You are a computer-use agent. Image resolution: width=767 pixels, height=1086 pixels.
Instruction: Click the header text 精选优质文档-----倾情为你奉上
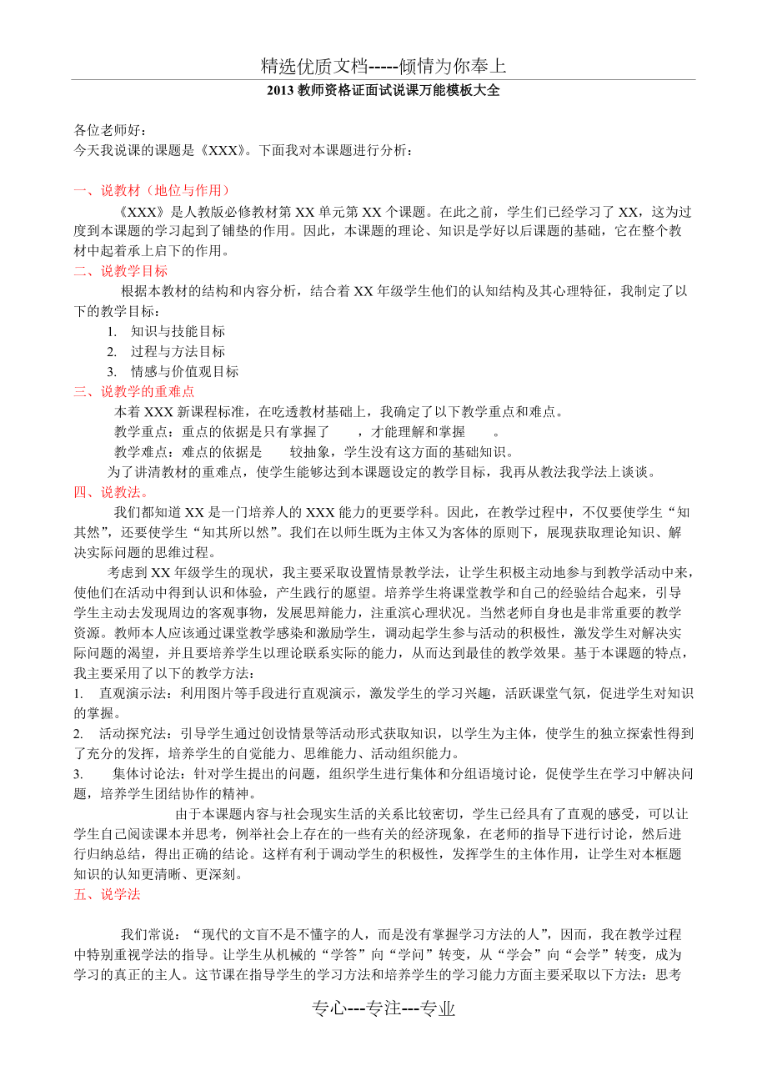tap(383, 66)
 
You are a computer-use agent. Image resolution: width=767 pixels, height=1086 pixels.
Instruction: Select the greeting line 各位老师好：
tap(111, 130)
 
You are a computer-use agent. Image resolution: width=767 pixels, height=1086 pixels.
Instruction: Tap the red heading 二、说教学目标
tap(121, 271)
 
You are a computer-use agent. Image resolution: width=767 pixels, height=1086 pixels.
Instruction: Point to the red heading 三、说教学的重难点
tap(134, 391)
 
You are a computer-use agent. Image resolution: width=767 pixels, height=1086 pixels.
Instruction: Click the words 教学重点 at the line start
tap(140, 432)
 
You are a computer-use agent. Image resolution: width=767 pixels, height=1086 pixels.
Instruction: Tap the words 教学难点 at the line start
tap(140, 453)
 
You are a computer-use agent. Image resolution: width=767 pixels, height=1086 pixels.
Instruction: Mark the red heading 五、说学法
tap(108, 894)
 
